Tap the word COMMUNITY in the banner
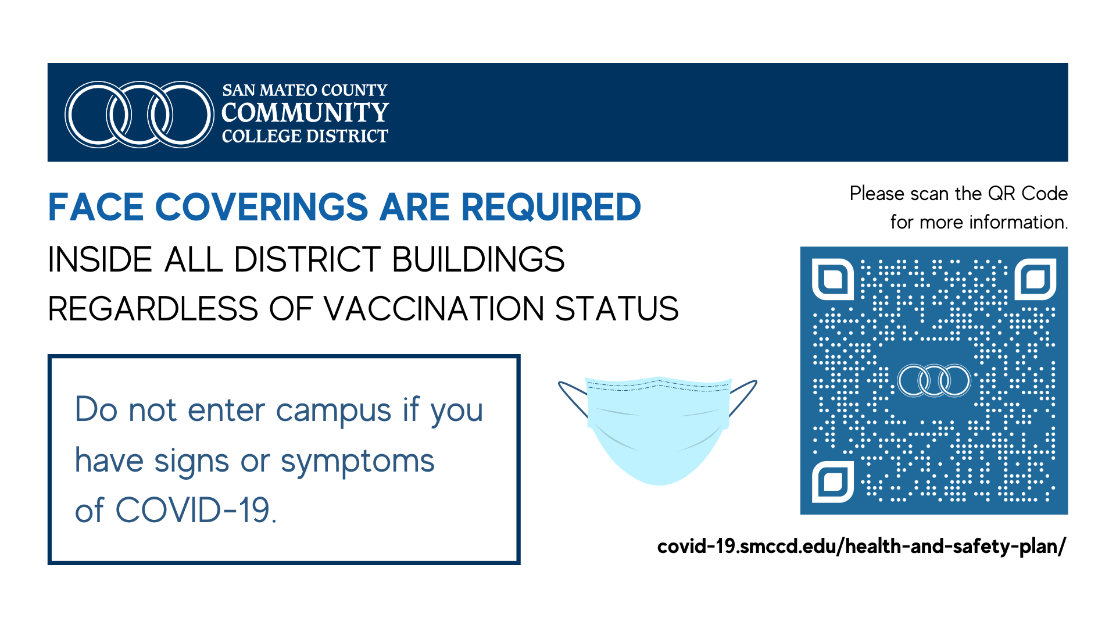[x=305, y=112]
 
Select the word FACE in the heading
[x=96, y=208]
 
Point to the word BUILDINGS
[x=478, y=259]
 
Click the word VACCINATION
[x=434, y=309]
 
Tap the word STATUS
[x=617, y=309]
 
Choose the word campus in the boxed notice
[x=334, y=411]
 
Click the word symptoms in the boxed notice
[x=357, y=462]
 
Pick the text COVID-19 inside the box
[x=196, y=511]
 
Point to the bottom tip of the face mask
[x=659, y=484]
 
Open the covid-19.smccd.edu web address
[x=862, y=547]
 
